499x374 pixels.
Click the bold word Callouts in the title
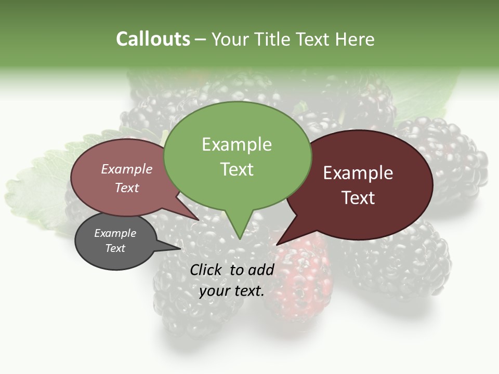[153, 39]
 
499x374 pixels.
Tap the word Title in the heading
[273, 39]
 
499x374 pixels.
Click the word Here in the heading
[356, 39]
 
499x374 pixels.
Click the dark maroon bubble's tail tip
[278, 244]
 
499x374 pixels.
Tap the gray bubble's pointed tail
[179, 248]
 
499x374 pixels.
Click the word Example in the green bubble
[237, 144]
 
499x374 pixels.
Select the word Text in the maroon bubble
[358, 198]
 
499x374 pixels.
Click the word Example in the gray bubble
[115, 233]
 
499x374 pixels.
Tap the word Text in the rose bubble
[127, 188]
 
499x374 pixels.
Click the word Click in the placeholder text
[207, 270]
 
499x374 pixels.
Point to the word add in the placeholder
[260, 270]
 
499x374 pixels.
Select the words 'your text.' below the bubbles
[232, 291]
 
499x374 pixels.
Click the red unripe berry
[304, 280]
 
